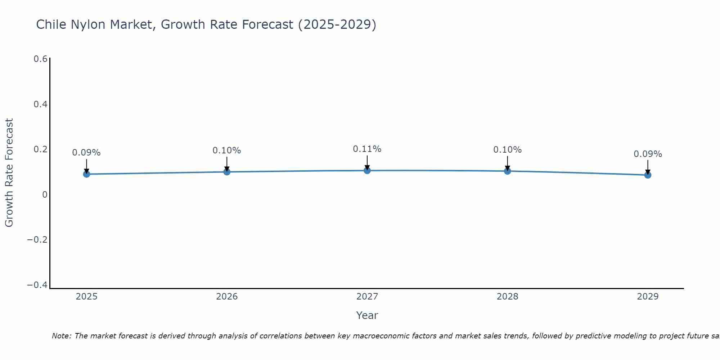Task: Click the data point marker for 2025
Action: point(86,174)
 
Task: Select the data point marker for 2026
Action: point(227,172)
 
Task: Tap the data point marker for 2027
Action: point(367,170)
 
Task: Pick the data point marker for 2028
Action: point(507,171)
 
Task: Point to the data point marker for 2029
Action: point(648,175)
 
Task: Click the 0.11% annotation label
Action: point(367,149)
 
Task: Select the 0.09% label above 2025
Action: point(86,153)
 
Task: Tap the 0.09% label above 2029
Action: point(648,154)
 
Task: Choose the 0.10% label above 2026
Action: point(227,150)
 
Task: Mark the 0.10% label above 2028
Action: point(507,150)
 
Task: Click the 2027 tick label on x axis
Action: point(367,297)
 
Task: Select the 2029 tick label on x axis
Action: point(648,297)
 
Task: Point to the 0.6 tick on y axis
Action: point(40,59)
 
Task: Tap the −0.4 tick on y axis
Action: point(37,285)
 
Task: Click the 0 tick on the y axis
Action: point(45,195)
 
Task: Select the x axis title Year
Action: point(367,315)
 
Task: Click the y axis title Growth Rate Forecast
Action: point(9,172)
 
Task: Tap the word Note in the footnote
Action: point(61,336)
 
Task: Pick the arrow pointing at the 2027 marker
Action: point(367,162)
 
